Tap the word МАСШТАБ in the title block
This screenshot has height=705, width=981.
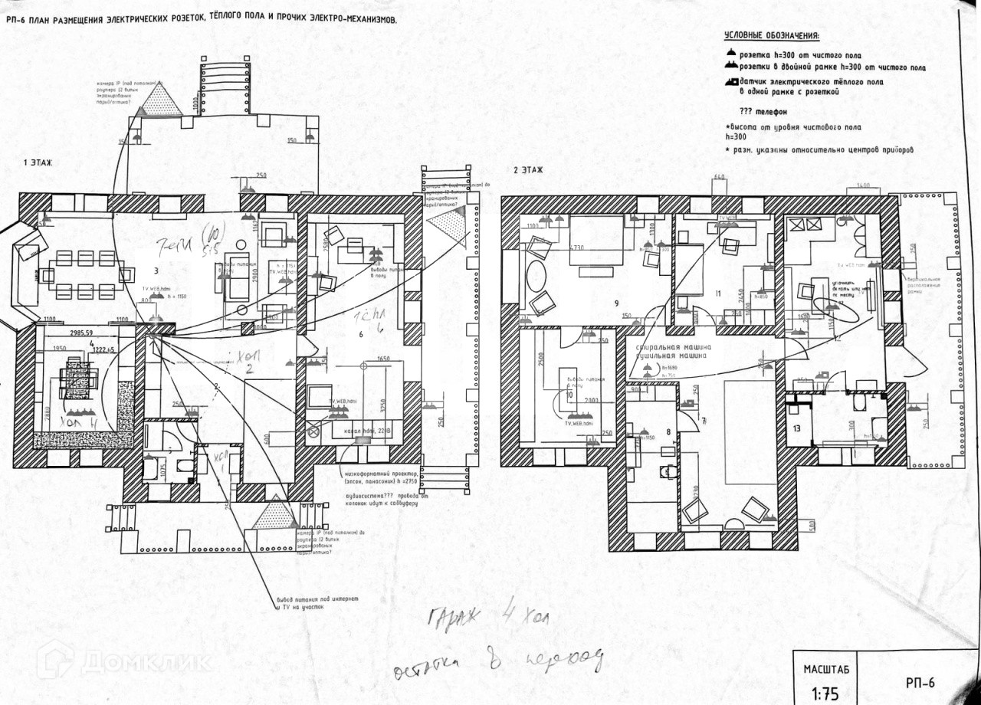click(x=825, y=669)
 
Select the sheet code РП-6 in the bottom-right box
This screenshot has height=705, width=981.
click(x=920, y=682)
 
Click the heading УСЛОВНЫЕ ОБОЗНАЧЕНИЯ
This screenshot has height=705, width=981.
click(x=771, y=36)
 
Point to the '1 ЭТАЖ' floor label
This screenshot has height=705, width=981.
click(x=39, y=164)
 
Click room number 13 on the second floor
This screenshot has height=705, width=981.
click(x=797, y=428)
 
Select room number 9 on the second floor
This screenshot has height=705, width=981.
click(x=615, y=302)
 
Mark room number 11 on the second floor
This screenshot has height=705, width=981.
click(x=718, y=293)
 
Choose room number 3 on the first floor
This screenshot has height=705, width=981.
click(x=156, y=271)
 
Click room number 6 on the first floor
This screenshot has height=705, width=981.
click(x=360, y=334)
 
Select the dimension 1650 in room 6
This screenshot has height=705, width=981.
click(x=384, y=359)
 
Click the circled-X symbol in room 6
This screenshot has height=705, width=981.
click(x=312, y=431)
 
